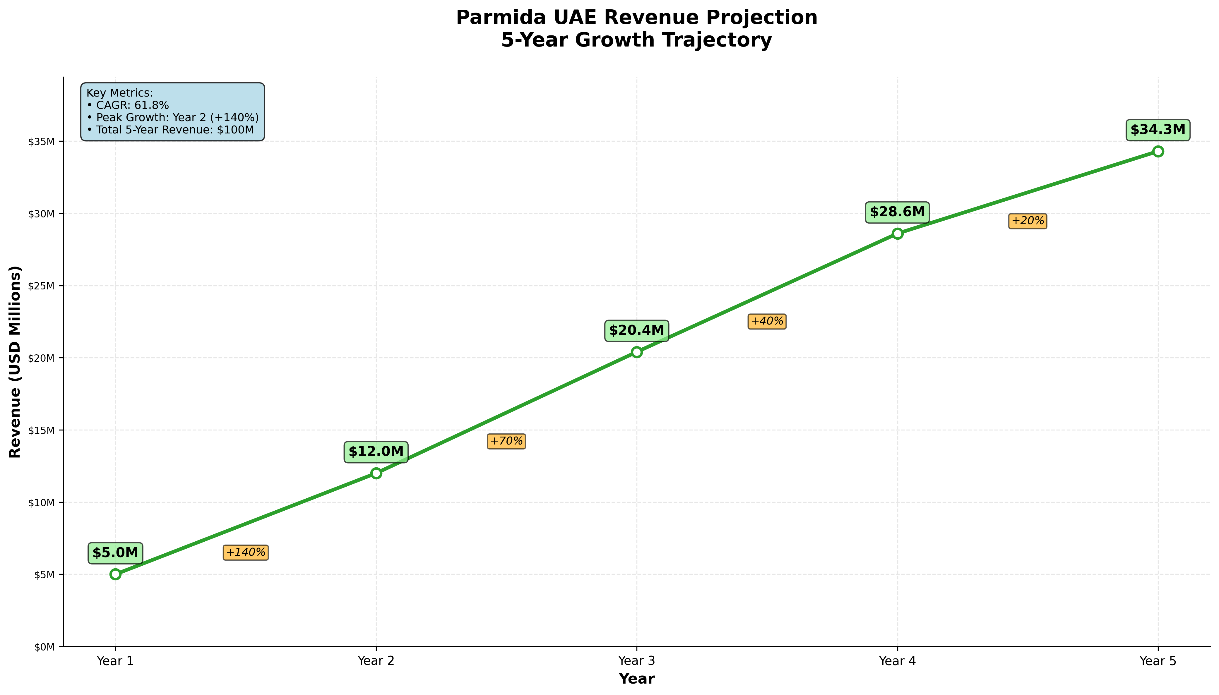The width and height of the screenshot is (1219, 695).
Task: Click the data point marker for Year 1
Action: (115, 574)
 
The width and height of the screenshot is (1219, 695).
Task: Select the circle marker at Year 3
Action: (636, 352)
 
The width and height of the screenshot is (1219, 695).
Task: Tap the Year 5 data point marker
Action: (1158, 151)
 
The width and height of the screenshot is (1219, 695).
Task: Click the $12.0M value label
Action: (376, 452)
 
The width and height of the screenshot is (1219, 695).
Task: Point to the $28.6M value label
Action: (897, 212)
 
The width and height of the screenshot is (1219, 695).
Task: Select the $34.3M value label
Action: (1158, 130)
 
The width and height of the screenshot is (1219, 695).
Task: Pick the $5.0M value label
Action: (115, 553)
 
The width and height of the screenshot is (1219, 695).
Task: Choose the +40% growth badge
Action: (767, 321)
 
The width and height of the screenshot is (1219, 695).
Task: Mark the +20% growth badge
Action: (1028, 221)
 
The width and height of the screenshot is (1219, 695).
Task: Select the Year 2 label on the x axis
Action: (376, 661)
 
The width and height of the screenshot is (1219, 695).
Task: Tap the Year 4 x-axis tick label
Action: (897, 661)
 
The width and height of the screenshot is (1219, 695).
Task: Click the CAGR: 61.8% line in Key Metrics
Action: (128, 105)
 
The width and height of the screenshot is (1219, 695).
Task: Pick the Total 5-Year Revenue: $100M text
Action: (170, 130)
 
